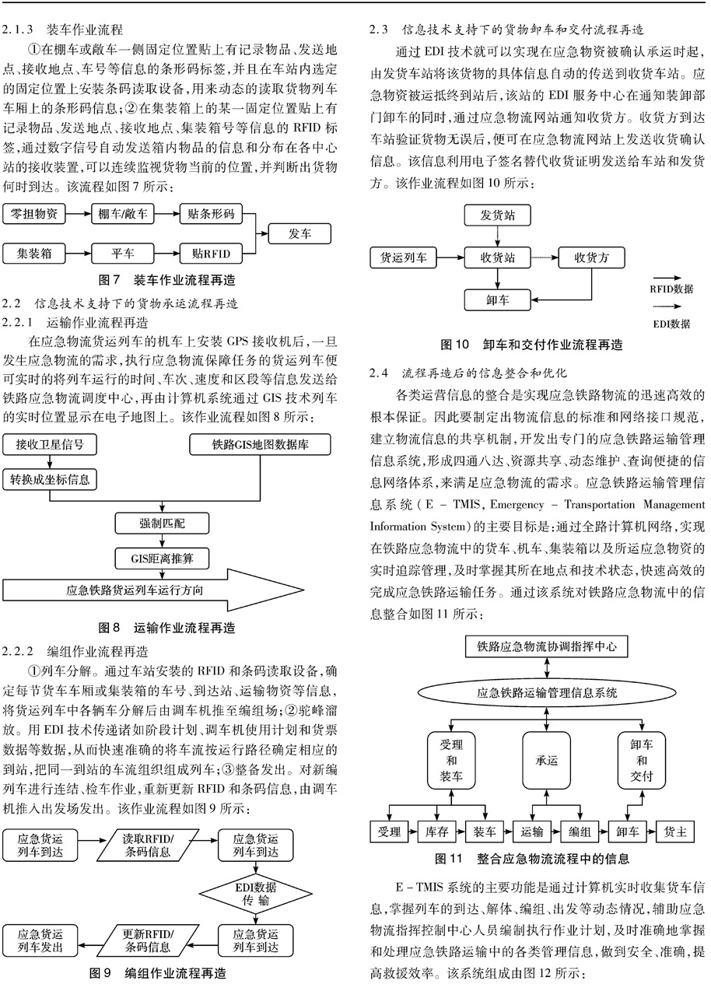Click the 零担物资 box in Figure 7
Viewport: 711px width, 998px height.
pos(34,214)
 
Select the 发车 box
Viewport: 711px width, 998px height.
pos(299,233)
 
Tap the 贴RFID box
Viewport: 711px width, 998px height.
pos(211,254)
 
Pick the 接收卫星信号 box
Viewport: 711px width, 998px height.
pos(50,445)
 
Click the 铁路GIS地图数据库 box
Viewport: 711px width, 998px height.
pos(260,445)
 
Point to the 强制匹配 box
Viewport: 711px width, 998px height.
pos(162,524)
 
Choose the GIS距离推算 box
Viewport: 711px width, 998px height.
pos(162,559)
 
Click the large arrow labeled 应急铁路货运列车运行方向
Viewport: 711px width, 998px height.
pos(153,590)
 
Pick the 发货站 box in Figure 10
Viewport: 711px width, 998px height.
pos(498,215)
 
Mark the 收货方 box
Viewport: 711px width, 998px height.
pos(592,257)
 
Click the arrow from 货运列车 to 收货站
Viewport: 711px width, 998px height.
pos(450,257)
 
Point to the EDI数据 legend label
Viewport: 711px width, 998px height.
pos(671,324)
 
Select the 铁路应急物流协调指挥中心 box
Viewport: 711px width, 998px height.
pos(547,646)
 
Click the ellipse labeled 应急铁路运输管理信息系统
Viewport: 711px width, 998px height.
pos(547,693)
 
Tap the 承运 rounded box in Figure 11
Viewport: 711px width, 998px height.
pos(547,760)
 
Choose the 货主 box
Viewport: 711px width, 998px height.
pos(675,832)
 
